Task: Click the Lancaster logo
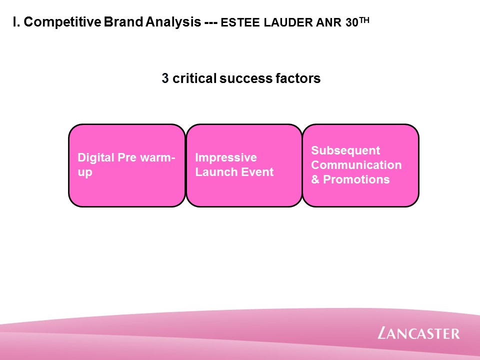(418, 333)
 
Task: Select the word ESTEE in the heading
(240, 22)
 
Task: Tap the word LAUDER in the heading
(288, 22)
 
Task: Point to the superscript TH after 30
(364, 20)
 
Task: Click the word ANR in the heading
(329, 22)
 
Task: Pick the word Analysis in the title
(173, 22)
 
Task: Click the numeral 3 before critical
(165, 78)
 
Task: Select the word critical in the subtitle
(194, 78)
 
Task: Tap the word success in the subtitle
(246, 79)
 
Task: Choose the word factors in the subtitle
(298, 78)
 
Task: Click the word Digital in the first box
(96, 158)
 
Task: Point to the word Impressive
(226, 158)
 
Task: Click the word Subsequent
(345, 151)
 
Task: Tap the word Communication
(356, 165)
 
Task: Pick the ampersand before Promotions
(315, 179)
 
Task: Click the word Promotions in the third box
(356, 179)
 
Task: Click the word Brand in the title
(123, 22)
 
